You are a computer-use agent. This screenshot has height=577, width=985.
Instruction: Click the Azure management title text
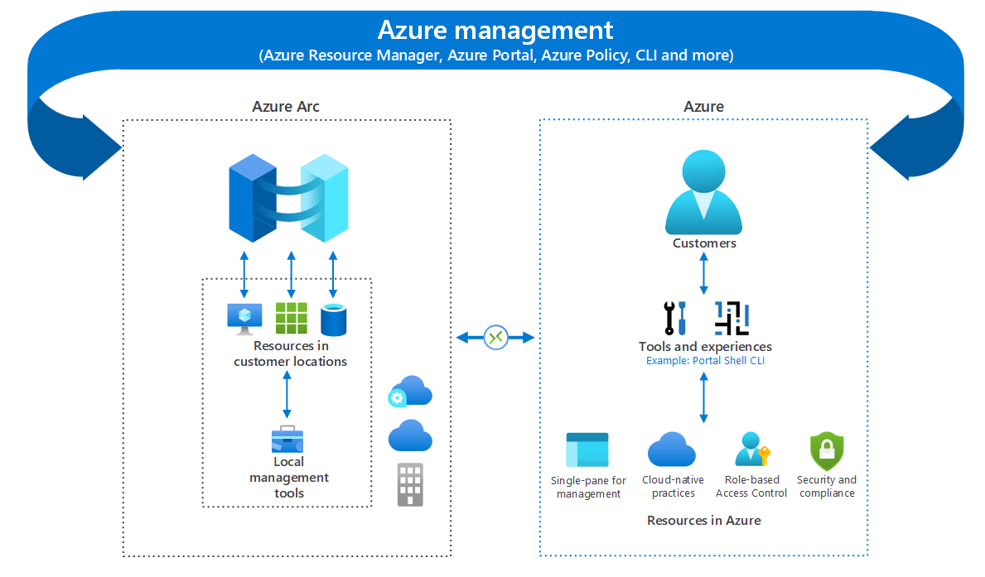pyautogui.click(x=495, y=31)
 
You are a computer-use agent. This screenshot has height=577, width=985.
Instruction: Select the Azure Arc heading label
pyautogui.click(x=286, y=107)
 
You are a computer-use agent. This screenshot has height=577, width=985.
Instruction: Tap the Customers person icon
pyautogui.click(x=704, y=192)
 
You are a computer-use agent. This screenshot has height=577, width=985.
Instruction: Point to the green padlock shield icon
pyautogui.click(x=826, y=451)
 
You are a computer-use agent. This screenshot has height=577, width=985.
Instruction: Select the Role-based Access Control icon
pyautogui.click(x=752, y=450)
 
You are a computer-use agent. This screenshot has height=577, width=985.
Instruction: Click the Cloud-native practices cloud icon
pyautogui.click(x=672, y=450)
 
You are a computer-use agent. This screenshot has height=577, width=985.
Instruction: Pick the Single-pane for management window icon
pyautogui.click(x=587, y=451)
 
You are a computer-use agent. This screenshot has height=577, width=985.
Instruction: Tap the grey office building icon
pyautogui.click(x=410, y=484)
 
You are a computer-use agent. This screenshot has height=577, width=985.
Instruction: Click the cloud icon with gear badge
pyautogui.click(x=410, y=392)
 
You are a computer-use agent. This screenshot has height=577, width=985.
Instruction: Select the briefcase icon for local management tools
pyautogui.click(x=287, y=440)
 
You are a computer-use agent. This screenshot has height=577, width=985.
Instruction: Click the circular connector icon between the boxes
pyautogui.click(x=495, y=337)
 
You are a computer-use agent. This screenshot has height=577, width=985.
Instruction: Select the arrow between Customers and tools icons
pyautogui.click(x=704, y=274)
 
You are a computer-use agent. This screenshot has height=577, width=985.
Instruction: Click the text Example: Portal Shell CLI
pyautogui.click(x=705, y=362)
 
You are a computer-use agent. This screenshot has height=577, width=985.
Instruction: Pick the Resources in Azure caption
pyautogui.click(x=703, y=521)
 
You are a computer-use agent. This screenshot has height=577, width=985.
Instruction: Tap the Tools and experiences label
pyautogui.click(x=705, y=347)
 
